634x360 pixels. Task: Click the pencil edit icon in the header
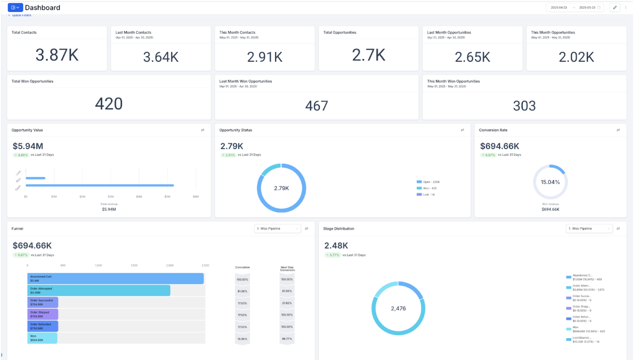coord(615,7)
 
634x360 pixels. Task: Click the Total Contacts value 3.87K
coord(57,55)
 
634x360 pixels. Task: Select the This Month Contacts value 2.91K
coord(265,57)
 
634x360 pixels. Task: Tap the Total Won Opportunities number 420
coord(109,104)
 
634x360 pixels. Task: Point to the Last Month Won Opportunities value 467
coord(317,106)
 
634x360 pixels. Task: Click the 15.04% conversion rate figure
coord(550,182)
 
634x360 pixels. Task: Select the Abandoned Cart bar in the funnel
coord(115,279)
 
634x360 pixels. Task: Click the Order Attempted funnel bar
coord(99,290)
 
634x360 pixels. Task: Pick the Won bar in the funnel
coord(42,338)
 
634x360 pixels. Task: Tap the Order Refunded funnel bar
coord(43,326)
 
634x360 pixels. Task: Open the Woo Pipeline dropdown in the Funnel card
coord(278,229)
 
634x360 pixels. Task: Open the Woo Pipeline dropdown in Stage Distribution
coord(589,229)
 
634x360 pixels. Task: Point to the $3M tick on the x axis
coord(111,197)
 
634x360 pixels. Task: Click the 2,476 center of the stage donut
coord(398,308)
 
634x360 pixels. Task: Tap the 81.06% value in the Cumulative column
coord(242,291)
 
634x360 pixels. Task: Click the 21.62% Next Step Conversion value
coord(287,303)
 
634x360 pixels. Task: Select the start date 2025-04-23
coord(559,7)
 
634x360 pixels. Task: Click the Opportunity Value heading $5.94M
coord(28,146)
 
